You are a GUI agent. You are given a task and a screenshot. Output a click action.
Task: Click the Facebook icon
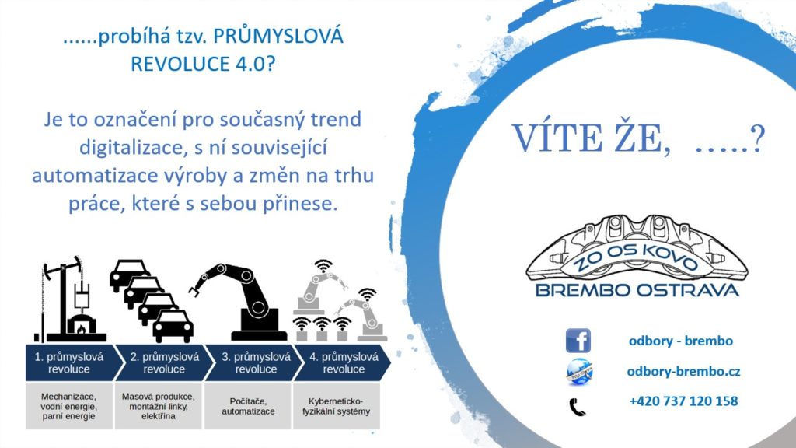click(x=578, y=341)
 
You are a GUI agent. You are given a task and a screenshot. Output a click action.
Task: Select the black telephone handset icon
click(x=578, y=407)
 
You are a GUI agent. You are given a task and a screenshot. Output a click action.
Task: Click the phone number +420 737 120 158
click(x=683, y=401)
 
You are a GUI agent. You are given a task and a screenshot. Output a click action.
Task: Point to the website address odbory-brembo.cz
click(x=683, y=372)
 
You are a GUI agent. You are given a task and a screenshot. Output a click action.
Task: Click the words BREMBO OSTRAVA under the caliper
click(x=637, y=291)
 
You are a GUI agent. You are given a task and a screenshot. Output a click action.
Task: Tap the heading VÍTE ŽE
click(x=591, y=138)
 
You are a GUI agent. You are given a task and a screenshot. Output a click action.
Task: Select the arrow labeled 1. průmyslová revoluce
click(x=75, y=362)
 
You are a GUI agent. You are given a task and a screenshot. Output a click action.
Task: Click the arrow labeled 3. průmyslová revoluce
click(x=255, y=362)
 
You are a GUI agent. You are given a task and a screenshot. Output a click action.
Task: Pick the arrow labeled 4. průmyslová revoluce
click(x=343, y=362)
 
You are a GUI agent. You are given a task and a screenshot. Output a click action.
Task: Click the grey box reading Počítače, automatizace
click(x=248, y=406)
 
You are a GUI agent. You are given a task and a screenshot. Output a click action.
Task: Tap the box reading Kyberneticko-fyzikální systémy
click(x=336, y=406)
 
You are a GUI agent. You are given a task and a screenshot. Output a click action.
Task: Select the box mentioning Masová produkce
click(x=159, y=406)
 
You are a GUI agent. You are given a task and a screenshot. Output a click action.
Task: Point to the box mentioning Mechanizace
click(x=69, y=406)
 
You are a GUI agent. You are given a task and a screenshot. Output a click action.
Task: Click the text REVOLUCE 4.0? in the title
click(x=203, y=64)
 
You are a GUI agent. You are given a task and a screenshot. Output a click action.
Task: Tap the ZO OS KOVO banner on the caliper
click(x=636, y=257)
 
